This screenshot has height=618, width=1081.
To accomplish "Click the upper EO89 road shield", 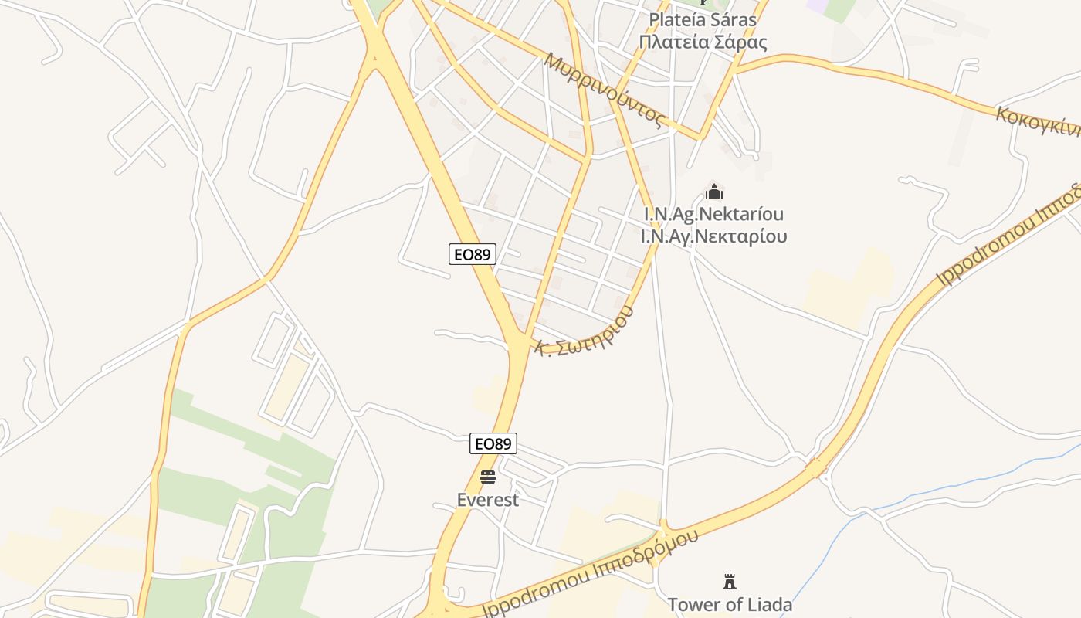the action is click(x=472, y=253).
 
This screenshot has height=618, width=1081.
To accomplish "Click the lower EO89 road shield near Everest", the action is click(x=493, y=443).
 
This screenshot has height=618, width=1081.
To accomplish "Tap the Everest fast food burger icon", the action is click(x=487, y=477).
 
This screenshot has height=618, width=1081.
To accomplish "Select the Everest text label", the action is click(x=487, y=500).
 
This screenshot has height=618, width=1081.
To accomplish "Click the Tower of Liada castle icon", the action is click(x=729, y=581).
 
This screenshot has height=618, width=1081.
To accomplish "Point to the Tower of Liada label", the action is click(x=729, y=604).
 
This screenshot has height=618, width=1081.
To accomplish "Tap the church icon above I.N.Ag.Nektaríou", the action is click(x=714, y=190).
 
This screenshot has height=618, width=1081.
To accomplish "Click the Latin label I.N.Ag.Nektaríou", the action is click(x=713, y=214).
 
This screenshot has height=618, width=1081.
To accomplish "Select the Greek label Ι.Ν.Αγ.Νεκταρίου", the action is click(x=713, y=236).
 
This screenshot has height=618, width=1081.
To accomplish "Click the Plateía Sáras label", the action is click(x=703, y=19).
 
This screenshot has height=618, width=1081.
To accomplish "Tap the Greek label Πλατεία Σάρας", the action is click(x=703, y=42).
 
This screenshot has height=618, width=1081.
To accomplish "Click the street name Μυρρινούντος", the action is click(x=605, y=90).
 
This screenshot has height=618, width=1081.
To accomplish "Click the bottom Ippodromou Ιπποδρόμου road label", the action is click(x=590, y=573).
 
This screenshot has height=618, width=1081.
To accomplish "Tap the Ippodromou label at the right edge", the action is click(x=1008, y=236).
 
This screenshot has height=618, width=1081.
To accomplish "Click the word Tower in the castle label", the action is click(x=693, y=604).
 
